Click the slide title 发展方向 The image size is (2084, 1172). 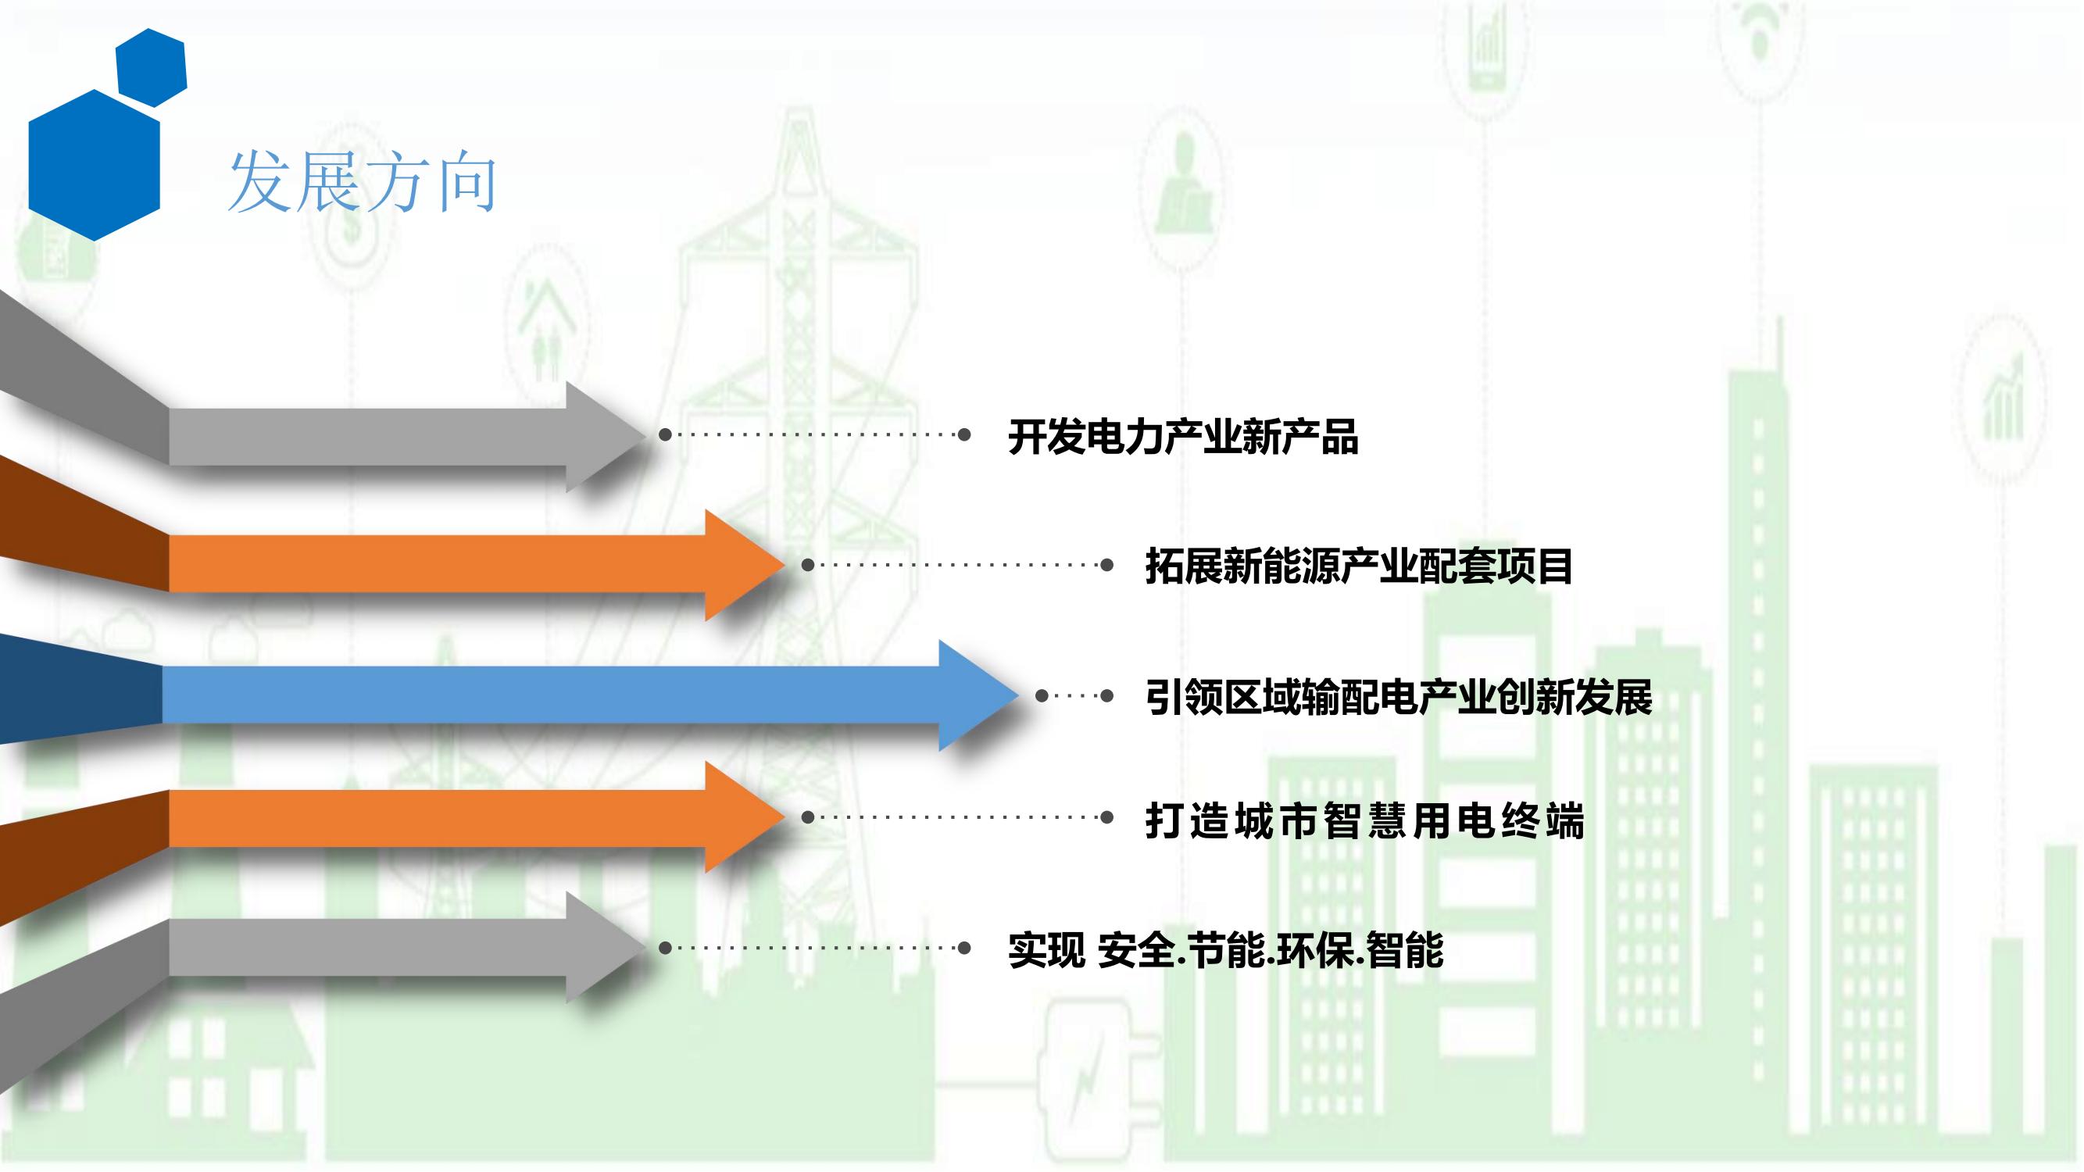[362, 182]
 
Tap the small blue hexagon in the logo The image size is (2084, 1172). [152, 67]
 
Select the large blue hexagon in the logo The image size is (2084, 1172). [95, 165]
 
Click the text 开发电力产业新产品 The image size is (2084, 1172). [1183, 437]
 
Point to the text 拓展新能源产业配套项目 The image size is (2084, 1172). [1359, 566]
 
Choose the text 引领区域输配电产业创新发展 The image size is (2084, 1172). [1399, 696]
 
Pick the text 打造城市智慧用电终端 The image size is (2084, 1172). [1365, 821]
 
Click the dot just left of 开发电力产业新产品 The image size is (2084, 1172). [963, 435]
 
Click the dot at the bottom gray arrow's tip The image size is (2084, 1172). [665, 948]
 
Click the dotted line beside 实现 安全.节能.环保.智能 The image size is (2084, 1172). [813, 948]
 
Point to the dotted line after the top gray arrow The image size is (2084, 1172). [813, 435]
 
